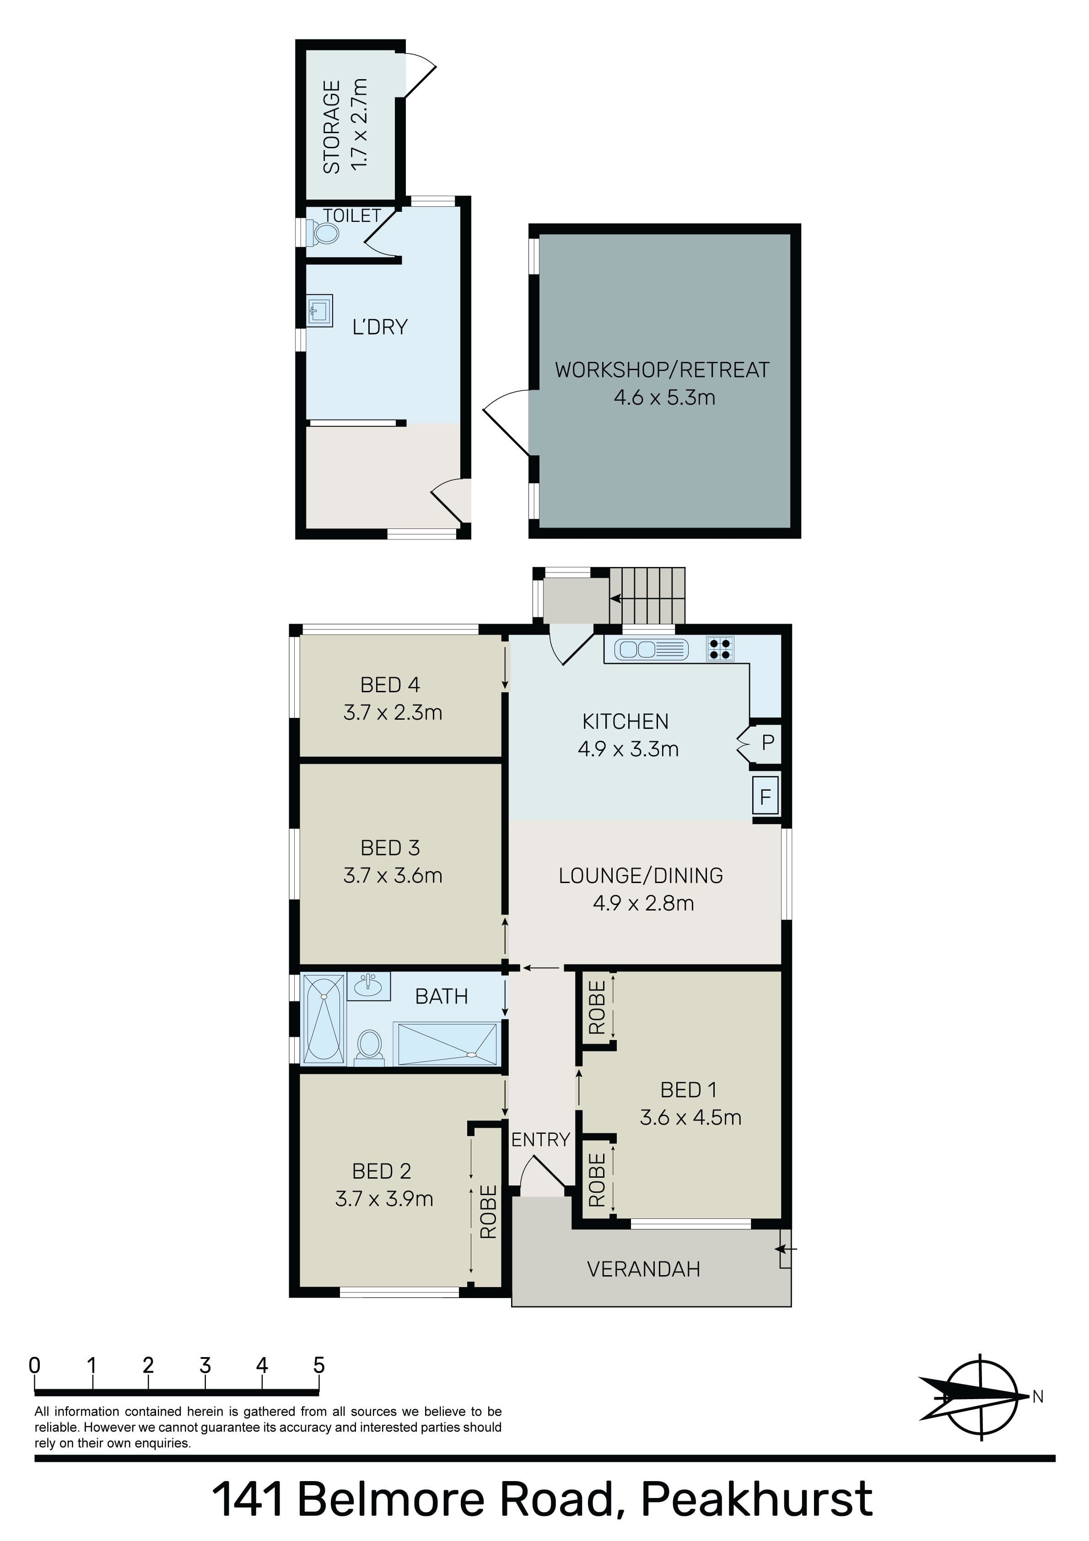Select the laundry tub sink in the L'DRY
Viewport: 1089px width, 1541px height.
pyautogui.click(x=319, y=311)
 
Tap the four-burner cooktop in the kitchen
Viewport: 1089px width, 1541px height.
pyautogui.click(x=720, y=649)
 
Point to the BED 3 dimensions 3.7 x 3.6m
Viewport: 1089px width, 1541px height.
pyautogui.click(x=393, y=876)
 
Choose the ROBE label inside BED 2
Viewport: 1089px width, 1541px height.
pyautogui.click(x=489, y=1212)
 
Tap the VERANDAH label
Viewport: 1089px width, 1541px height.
pyautogui.click(x=643, y=1269)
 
